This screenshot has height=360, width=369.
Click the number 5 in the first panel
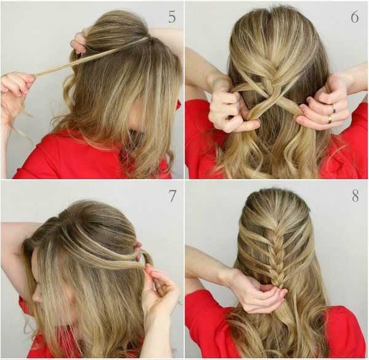pos(172,17)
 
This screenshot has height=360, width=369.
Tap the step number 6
pos(355,17)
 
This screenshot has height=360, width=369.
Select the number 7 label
pos(172,196)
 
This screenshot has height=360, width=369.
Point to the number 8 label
pos(355,196)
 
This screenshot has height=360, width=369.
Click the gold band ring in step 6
pos(330,119)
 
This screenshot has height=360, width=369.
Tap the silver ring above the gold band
pos(333,108)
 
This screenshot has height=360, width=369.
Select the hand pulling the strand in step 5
pos(17,92)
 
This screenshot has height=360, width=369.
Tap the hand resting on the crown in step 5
pos(80,43)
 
